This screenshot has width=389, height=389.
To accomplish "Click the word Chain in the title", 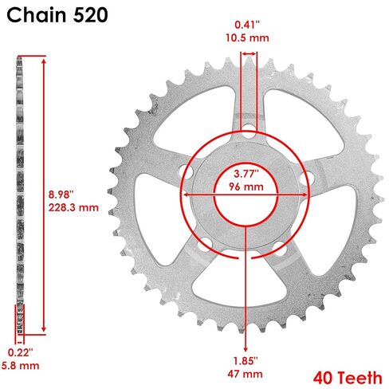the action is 37,15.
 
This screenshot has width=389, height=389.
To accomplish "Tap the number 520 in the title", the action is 90,15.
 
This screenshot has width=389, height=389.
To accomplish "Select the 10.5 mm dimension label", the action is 247,37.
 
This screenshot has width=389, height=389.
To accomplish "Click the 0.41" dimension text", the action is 247,25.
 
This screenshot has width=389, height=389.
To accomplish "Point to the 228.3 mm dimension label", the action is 73,207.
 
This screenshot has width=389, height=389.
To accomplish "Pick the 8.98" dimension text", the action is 61,194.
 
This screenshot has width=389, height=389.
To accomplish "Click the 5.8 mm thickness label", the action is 21,366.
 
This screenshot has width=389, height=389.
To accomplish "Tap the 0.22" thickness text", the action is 20,353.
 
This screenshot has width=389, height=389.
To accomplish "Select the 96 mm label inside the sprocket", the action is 246,187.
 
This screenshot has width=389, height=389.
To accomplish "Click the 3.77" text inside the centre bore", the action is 246,174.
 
